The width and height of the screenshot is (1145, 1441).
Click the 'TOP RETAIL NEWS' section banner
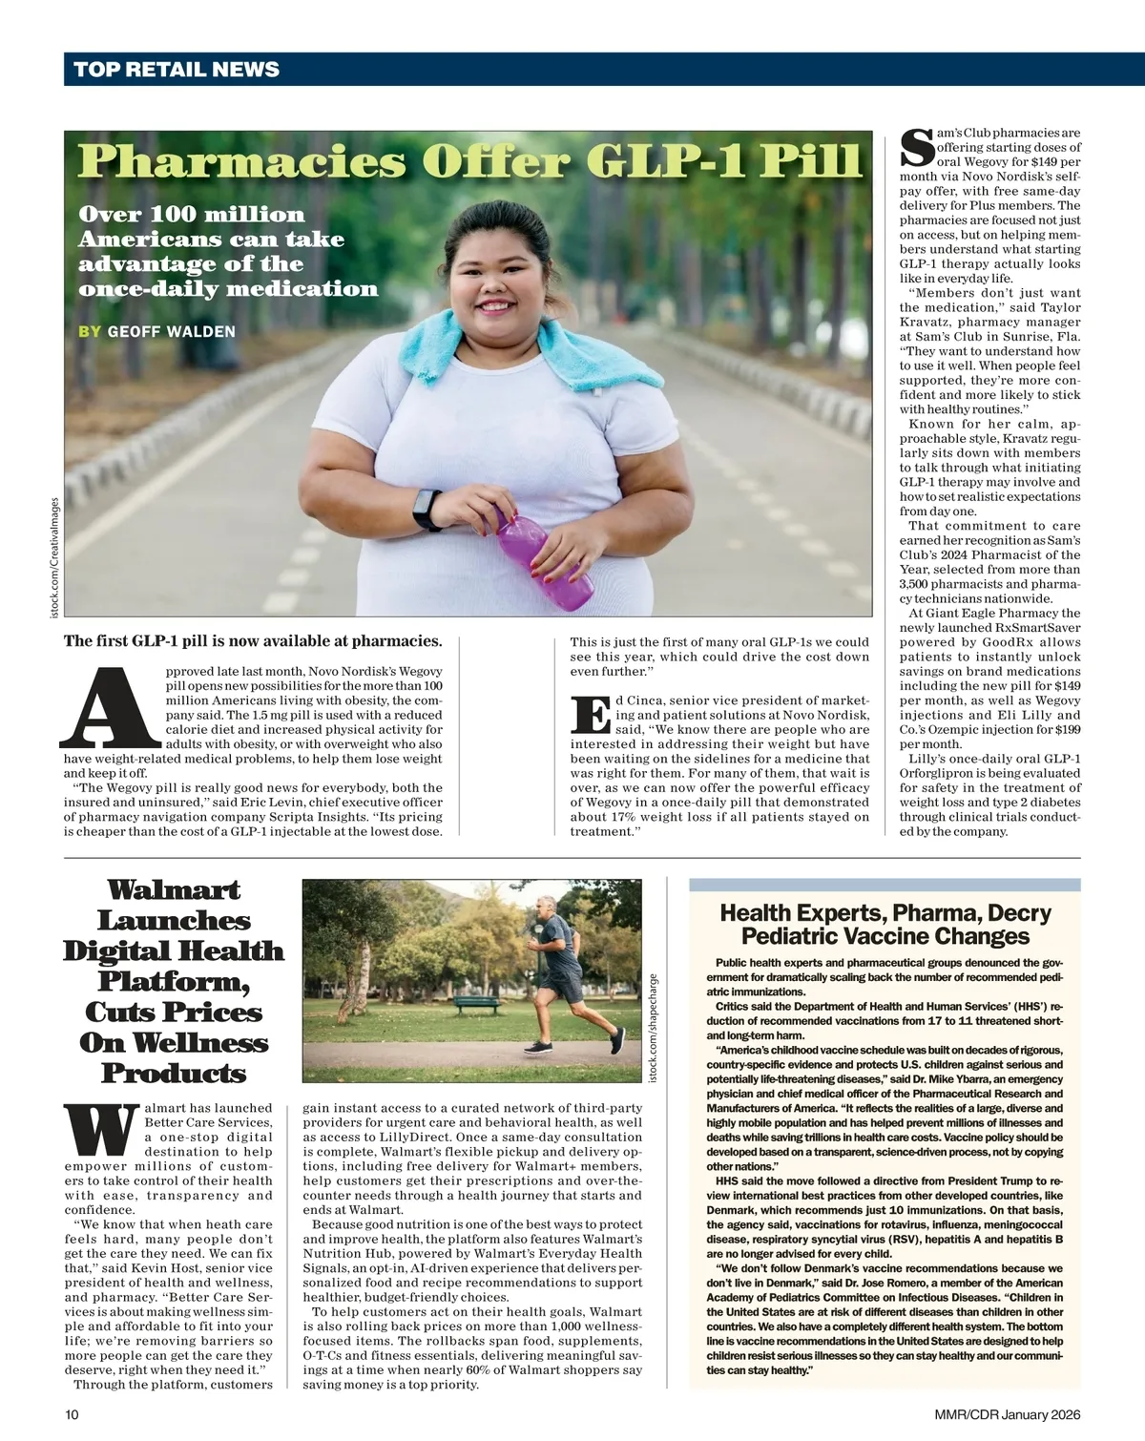[x=177, y=70]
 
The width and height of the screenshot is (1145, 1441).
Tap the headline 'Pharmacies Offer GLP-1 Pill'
[x=469, y=160]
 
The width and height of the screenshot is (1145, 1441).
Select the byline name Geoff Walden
[x=171, y=331]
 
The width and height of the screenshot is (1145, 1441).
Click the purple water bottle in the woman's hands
[x=544, y=557]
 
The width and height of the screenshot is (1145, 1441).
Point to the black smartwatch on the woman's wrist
[x=427, y=509]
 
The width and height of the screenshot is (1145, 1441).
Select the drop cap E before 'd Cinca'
[x=590, y=715]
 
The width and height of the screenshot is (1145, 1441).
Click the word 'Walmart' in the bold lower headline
[x=174, y=890]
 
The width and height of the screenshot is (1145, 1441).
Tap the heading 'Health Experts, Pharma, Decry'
[x=885, y=913]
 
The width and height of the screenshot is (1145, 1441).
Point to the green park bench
[x=477, y=1005]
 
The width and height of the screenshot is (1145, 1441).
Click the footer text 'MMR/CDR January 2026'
[x=1008, y=1414]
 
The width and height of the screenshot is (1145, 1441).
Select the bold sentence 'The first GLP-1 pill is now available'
[x=253, y=640]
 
